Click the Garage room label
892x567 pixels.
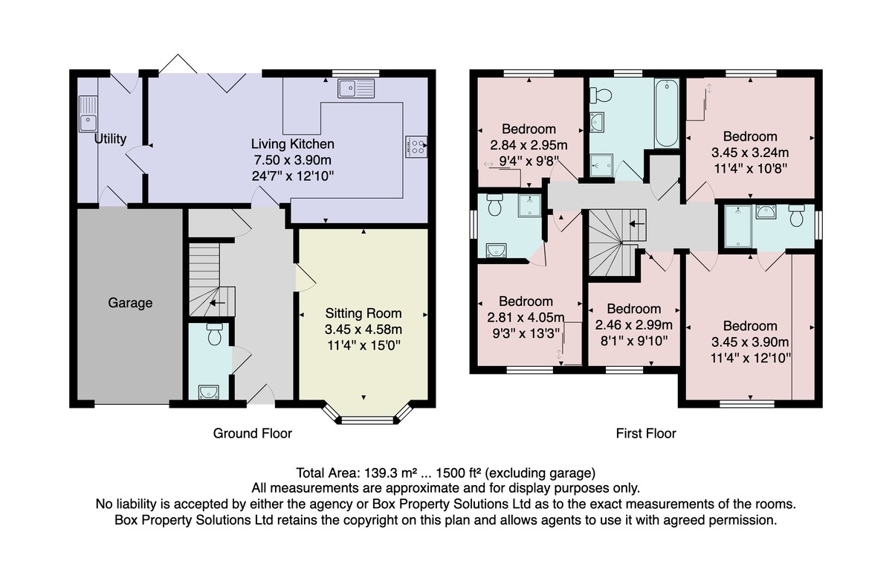tap(130, 303)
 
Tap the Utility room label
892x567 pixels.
tap(110, 138)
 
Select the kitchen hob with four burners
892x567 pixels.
tap(416, 147)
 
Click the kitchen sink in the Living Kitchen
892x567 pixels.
tap(356, 88)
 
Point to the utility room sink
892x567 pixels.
tap(88, 114)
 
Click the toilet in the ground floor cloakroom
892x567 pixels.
tap(215, 334)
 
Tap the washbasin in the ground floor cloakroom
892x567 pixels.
tap(209, 392)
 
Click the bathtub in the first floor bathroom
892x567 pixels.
tap(667, 113)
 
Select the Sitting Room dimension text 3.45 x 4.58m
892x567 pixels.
tap(363, 330)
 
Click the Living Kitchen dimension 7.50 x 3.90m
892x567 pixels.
tap(293, 160)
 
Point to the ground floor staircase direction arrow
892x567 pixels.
tap(217, 303)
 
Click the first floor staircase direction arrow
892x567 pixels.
tap(637, 224)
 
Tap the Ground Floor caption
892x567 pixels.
tap(253, 433)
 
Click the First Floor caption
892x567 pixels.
tap(646, 433)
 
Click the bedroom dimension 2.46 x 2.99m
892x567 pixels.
tap(634, 325)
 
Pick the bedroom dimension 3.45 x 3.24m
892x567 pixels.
tap(750, 153)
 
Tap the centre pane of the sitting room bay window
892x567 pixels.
tap(366, 420)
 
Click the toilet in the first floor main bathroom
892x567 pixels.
tap(601, 95)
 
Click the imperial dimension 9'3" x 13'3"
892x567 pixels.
tap(526, 333)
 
